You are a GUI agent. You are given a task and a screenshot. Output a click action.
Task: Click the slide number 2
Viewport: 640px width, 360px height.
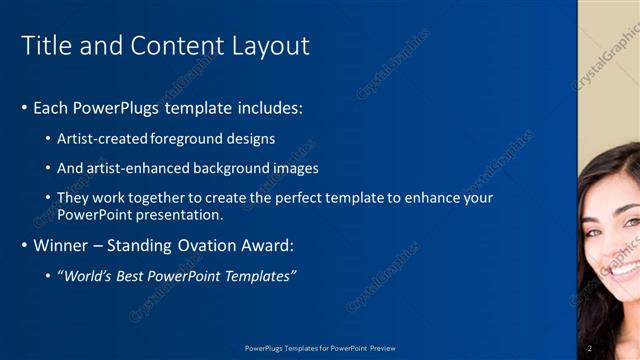tap(590, 348)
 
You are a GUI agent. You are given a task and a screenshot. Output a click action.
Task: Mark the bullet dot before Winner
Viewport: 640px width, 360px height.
tap(24, 245)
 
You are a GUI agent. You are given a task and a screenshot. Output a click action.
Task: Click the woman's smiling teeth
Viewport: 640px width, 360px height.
tap(626, 271)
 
